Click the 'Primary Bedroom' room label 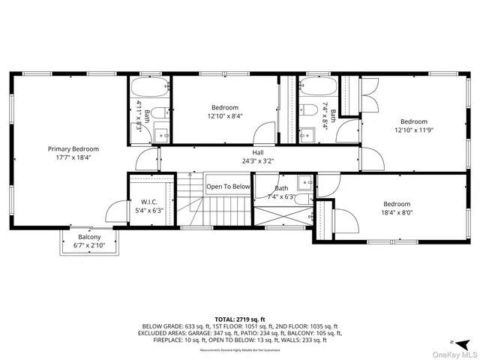coord(73,149)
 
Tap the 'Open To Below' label coord(228,187)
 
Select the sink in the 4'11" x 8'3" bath coord(160,135)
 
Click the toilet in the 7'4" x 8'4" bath coord(309,110)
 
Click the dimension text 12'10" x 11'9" coord(413,131)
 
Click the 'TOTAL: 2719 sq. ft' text coord(241,319)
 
